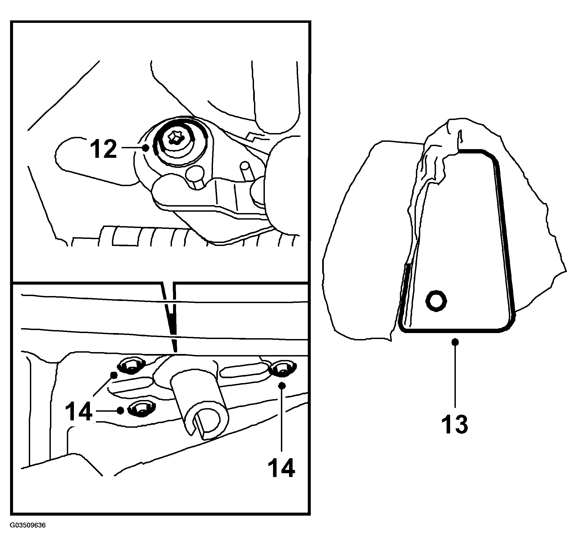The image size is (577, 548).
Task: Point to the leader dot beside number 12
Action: tap(145, 148)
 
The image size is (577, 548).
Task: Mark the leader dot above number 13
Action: tap(455, 342)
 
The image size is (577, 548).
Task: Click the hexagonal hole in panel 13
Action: tap(436, 301)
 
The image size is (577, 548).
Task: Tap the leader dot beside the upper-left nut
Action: tap(114, 375)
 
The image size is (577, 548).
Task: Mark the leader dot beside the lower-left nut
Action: tap(120, 411)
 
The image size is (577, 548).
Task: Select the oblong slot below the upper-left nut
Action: tap(130, 386)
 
